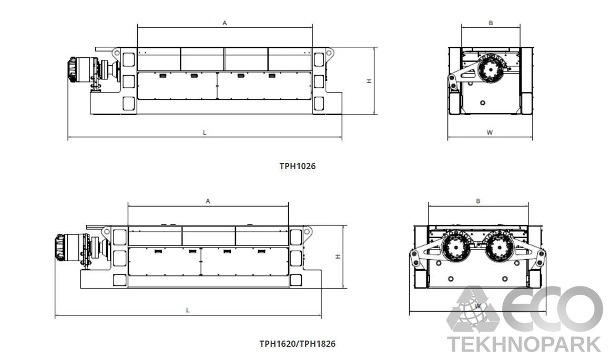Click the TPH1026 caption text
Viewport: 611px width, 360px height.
(x=297, y=166)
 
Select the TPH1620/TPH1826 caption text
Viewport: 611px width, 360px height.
(x=297, y=344)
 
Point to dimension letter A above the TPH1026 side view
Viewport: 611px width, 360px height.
(x=225, y=23)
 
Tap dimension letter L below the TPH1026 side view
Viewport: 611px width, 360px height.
(x=205, y=133)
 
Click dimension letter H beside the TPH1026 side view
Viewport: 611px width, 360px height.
(x=370, y=81)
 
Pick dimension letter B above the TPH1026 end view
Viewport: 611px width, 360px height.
(x=491, y=23)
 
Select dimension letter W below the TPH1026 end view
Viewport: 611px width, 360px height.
(x=490, y=133)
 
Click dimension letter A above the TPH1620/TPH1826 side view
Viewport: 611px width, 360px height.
(x=208, y=201)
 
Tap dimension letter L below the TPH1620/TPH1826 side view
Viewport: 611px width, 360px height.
(x=188, y=311)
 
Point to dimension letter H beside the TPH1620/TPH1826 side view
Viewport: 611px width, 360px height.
(x=338, y=256)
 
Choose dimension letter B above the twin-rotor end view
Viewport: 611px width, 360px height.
(x=478, y=201)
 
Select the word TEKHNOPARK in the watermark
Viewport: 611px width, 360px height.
(x=524, y=344)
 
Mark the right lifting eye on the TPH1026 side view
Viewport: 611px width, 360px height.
(x=330, y=52)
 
